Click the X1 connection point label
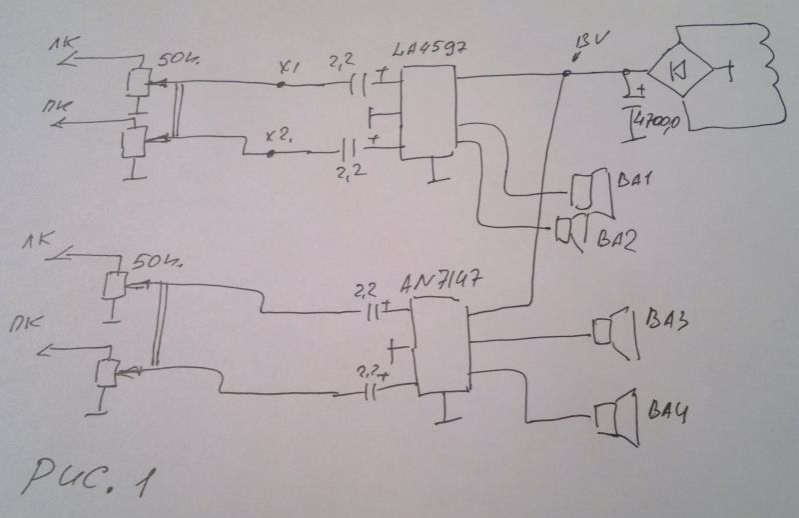point(289,69)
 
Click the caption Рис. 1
point(89,476)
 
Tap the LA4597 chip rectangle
point(427,113)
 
